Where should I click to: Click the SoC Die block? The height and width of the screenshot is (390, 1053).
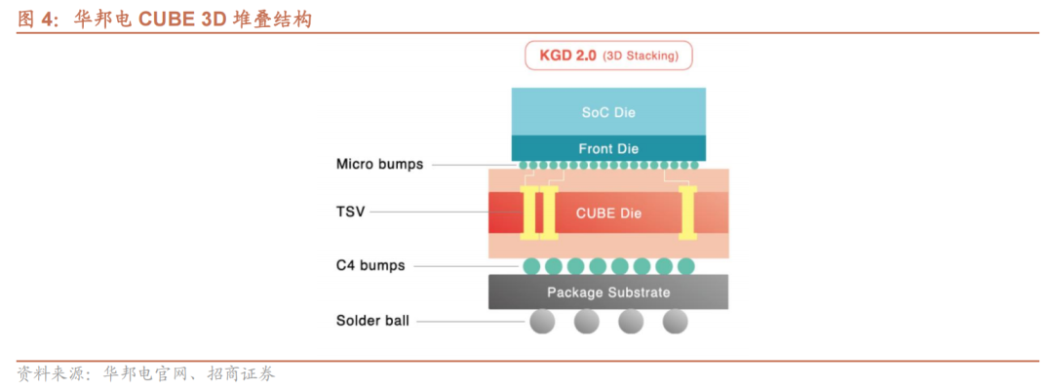point(608,111)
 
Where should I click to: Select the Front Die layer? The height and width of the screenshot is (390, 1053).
point(608,148)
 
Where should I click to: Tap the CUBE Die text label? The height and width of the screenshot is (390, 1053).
point(608,214)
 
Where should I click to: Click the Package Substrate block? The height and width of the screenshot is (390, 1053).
point(608,292)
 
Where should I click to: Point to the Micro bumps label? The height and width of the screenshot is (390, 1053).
point(379,164)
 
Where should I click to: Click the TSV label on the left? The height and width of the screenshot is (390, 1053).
point(350,211)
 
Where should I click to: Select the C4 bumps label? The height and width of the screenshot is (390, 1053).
point(370,265)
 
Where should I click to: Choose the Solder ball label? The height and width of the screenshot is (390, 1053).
point(372,320)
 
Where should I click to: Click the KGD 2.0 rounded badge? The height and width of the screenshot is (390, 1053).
point(608,56)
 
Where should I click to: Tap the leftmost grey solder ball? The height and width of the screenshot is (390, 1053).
point(542,321)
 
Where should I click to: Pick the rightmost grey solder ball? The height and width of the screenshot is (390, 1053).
point(675,321)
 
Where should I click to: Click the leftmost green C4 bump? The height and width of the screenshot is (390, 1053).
point(531,265)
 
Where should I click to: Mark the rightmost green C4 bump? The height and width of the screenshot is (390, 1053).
point(685,265)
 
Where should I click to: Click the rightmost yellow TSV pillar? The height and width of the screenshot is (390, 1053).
point(686,214)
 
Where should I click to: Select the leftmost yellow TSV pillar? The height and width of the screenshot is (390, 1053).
point(530,214)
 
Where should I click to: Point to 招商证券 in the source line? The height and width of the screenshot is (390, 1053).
point(240,373)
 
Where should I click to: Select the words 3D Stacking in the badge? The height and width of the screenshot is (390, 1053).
point(641,56)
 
